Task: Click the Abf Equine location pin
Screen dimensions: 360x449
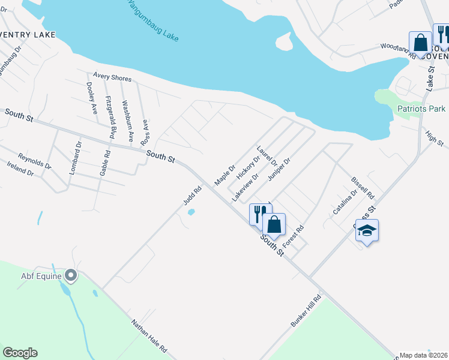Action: (71, 276)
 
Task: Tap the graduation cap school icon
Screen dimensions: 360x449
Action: (367, 230)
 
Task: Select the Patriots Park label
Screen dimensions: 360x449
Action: (421, 109)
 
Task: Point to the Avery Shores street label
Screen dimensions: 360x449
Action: (112, 77)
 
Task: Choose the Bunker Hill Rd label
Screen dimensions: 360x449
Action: (306, 311)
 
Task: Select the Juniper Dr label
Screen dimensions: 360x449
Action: (279, 169)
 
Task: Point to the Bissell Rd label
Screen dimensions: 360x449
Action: (362, 188)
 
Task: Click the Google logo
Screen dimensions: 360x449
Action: (20, 353)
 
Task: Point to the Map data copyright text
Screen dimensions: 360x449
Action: (424, 355)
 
